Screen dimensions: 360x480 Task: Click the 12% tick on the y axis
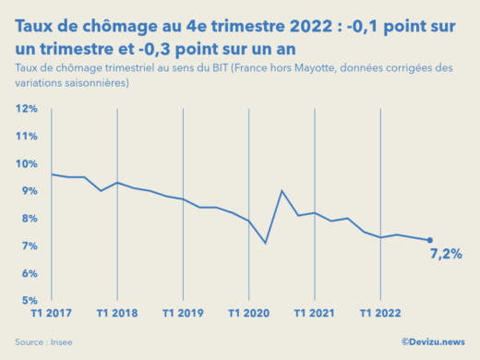26,109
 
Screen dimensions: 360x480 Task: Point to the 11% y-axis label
26,137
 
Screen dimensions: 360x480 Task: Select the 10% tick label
26,164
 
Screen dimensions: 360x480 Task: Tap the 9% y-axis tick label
28,191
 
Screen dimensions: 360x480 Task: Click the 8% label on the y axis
28,219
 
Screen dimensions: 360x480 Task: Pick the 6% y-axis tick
28,273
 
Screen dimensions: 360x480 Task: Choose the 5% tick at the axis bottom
28,301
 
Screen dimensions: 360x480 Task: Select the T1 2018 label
116,313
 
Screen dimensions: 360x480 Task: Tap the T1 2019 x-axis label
183,313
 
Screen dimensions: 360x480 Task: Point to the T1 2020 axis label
249,313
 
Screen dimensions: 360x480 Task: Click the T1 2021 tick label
315,313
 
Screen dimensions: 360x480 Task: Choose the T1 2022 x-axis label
380,313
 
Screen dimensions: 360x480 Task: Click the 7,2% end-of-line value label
446,254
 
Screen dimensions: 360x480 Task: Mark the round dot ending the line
430,240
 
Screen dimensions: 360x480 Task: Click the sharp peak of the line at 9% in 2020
282,191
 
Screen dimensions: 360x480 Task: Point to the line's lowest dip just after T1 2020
266,243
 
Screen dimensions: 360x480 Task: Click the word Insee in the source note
62,342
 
